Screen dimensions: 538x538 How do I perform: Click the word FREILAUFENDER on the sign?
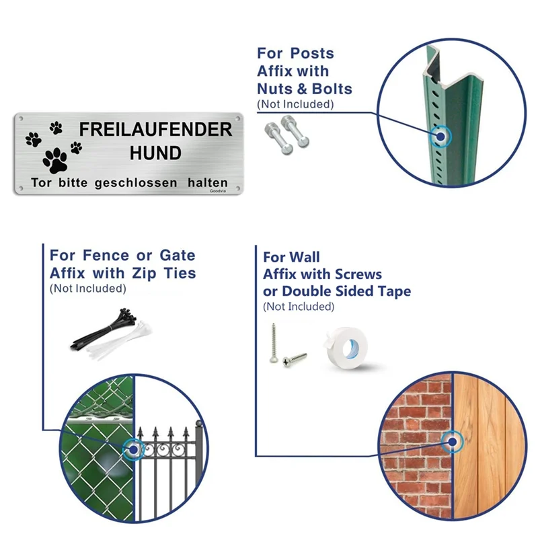pyautogui.click(x=155, y=129)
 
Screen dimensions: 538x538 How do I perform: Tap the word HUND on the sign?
pyautogui.click(x=155, y=153)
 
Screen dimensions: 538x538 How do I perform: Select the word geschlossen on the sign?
pyautogui.click(x=136, y=183)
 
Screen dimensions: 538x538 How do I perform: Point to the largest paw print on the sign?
pyautogui.click(x=55, y=160)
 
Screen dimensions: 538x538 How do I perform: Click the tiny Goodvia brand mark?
pyautogui.click(x=218, y=191)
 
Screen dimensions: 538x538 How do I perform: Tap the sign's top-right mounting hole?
pyautogui.click(x=237, y=119)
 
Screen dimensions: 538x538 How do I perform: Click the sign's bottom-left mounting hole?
pyautogui.click(x=21, y=188)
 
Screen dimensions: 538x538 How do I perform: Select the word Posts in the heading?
pyautogui.click(x=312, y=54)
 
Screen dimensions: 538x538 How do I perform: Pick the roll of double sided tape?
pyautogui.click(x=346, y=347)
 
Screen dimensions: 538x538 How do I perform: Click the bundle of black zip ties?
pyautogui.click(x=103, y=330)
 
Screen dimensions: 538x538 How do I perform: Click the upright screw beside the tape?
pyautogui.click(x=273, y=343)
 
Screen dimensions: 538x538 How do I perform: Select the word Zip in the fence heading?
pyautogui.click(x=144, y=274)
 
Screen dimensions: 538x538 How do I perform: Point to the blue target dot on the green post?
pyautogui.click(x=440, y=137)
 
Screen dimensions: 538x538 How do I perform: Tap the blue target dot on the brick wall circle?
pyautogui.click(x=452, y=442)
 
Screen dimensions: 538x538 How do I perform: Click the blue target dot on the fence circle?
pyautogui.click(x=133, y=449)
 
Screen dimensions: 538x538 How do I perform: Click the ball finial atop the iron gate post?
pyautogui.click(x=199, y=424)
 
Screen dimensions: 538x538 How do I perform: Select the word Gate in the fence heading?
pyautogui.click(x=178, y=256)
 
